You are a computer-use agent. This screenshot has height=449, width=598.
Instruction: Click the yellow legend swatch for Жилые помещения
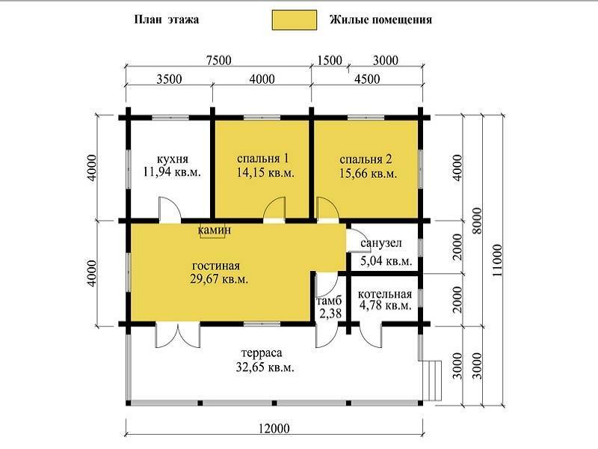(x=294, y=20)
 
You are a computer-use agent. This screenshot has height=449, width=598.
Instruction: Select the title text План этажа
(x=166, y=19)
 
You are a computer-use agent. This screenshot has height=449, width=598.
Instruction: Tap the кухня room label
(x=173, y=159)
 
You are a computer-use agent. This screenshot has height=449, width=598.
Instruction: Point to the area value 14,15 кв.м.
(x=265, y=173)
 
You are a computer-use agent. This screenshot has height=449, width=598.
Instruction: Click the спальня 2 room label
(x=366, y=159)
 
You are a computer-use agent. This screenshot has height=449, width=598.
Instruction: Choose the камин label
(x=215, y=230)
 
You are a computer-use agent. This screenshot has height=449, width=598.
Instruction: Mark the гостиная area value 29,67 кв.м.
(x=219, y=279)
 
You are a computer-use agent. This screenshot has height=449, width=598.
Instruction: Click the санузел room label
(x=381, y=243)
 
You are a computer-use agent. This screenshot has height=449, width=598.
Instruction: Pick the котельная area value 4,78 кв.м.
(x=385, y=306)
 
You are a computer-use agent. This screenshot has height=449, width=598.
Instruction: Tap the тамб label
(x=329, y=301)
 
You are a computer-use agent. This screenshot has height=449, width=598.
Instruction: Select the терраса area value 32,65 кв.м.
(x=265, y=367)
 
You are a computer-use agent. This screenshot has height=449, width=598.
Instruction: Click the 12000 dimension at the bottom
(x=274, y=428)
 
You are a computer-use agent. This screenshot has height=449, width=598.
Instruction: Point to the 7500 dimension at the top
(x=218, y=61)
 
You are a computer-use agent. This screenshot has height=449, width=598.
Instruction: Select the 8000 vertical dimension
(x=477, y=221)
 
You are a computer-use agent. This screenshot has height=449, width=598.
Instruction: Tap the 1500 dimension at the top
(x=330, y=61)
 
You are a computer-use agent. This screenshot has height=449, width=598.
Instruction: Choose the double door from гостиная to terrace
(x=177, y=335)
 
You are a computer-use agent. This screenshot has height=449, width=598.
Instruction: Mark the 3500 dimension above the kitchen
(x=170, y=79)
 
